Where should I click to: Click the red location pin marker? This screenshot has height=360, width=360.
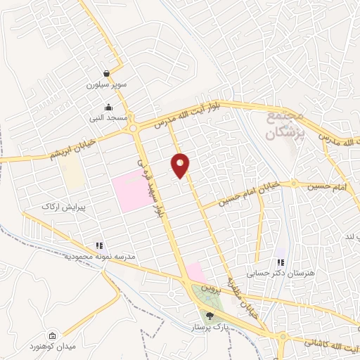point(181,165)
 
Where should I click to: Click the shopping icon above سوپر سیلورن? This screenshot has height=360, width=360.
point(106,73)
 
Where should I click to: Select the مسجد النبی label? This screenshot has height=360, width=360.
point(108,119)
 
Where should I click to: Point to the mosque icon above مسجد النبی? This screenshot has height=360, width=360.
point(108,108)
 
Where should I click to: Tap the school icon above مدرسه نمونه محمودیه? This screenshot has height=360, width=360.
point(99,245)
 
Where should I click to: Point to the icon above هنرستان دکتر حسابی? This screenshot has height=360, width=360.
point(281,262)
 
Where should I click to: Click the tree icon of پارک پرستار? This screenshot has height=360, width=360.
point(210,316)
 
